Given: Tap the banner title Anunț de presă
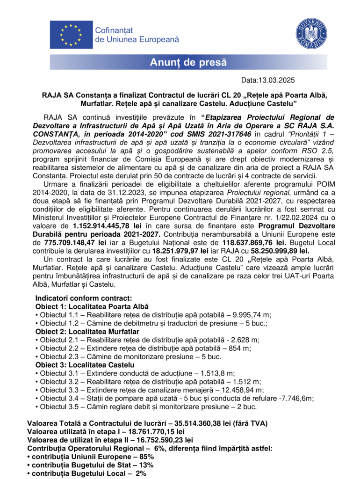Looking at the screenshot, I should [x=188, y=62].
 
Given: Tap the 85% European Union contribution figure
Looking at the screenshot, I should [x=146, y=457].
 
